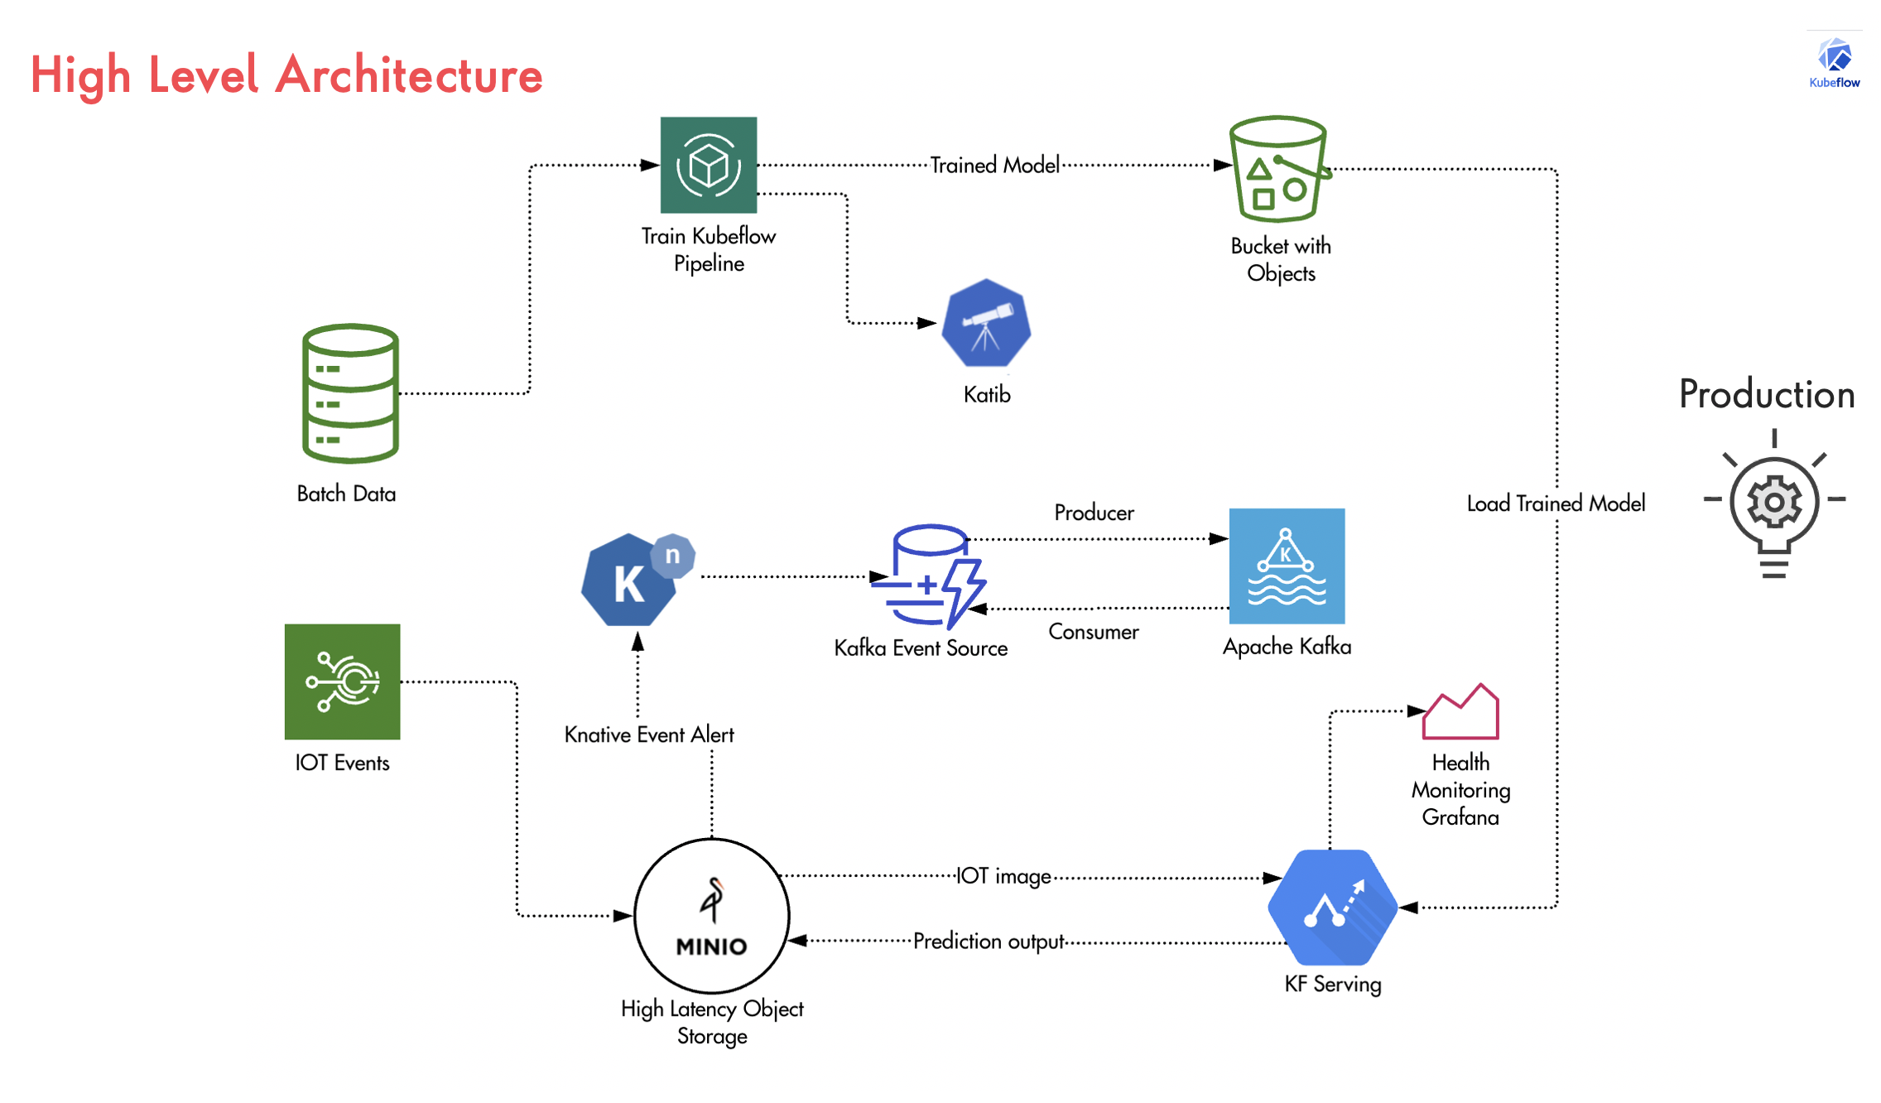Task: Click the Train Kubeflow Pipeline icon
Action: click(x=708, y=165)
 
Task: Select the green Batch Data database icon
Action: click(x=350, y=393)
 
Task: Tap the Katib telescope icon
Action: click(x=986, y=323)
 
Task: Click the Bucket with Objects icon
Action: click(x=1280, y=169)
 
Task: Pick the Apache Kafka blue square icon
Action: click(x=1287, y=566)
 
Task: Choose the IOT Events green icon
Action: click(x=342, y=681)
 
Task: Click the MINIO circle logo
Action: click(x=711, y=916)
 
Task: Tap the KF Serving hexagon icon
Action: click(x=1332, y=907)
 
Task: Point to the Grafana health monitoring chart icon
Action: click(x=1460, y=711)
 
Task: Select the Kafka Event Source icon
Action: click(x=929, y=576)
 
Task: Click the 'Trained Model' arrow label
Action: click(x=994, y=165)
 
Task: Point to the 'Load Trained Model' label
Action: click(x=1556, y=503)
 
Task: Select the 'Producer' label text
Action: click(x=1094, y=513)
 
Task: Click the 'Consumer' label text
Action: click(x=1093, y=632)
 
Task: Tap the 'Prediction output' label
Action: click(x=989, y=942)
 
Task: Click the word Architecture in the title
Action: click(x=409, y=75)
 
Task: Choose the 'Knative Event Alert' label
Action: click(x=649, y=735)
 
